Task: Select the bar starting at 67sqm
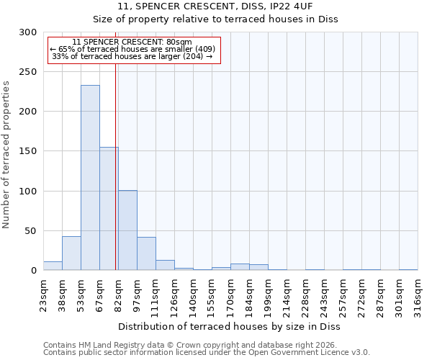click(109, 209)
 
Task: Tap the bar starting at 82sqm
click(127, 230)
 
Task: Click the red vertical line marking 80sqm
click(116, 166)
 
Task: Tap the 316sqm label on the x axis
click(418, 294)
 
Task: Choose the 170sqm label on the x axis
click(230, 294)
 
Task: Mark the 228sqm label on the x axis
click(305, 294)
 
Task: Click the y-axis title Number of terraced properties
click(6, 155)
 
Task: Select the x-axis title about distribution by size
click(229, 326)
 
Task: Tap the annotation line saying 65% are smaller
click(132, 49)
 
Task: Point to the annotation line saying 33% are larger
click(132, 56)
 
